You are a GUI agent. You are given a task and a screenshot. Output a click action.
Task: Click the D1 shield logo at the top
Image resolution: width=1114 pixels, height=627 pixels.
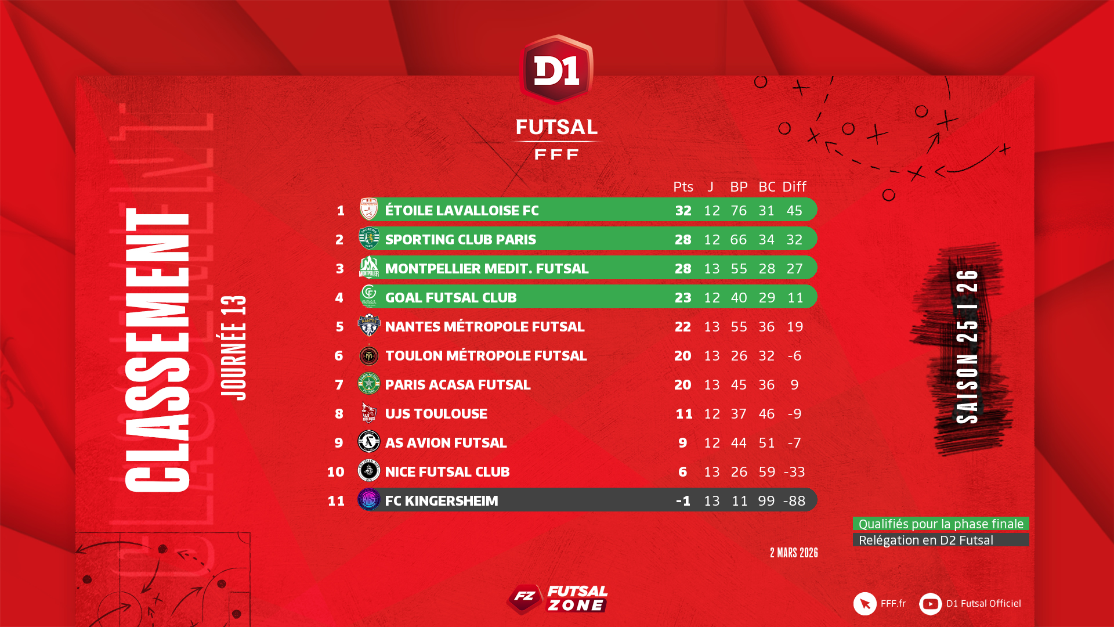click(556, 70)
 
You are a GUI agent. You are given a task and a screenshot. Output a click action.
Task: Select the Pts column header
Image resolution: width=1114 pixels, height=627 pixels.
click(683, 187)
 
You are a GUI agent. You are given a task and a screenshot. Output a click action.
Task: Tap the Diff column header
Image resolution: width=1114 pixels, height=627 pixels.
click(794, 187)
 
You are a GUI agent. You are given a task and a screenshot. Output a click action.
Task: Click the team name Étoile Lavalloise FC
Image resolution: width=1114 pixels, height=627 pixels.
click(462, 210)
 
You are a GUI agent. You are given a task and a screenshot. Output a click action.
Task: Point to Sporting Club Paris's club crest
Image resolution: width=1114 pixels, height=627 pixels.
click(369, 239)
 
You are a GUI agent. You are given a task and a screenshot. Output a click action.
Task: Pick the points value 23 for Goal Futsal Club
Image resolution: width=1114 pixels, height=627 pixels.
click(683, 297)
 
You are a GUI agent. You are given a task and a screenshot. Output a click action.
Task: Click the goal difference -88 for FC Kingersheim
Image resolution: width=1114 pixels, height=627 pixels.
click(794, 500)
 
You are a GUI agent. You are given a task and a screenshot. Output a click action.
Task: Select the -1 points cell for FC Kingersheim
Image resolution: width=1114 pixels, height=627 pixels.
click(683, 500)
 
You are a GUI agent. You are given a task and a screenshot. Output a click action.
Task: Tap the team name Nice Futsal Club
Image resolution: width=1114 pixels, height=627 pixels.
click(447, 471)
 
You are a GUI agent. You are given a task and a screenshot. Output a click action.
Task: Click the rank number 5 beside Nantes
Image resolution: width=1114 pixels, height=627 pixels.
click(339, 326)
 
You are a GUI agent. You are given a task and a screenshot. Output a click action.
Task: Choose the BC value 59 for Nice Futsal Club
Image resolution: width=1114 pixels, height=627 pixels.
click(766, 471)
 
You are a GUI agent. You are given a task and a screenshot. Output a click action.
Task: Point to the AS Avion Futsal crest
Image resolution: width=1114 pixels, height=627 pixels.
click(369, 442)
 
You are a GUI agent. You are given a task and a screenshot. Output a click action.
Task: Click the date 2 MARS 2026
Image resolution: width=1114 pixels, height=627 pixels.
click(794, 553)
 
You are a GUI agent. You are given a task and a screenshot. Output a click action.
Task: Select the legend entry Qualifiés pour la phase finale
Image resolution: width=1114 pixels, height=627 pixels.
click(941, 524)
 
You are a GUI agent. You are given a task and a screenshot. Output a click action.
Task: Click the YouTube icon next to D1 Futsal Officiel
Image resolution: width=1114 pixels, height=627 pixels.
click(930, 604)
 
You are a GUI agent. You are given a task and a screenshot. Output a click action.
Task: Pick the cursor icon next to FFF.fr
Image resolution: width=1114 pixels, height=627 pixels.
click(865, 604)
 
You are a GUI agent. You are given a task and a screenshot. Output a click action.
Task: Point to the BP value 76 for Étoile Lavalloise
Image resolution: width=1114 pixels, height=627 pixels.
click(739, 210)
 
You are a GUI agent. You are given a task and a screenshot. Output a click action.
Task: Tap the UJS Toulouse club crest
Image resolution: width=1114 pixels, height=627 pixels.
click(369, 413)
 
